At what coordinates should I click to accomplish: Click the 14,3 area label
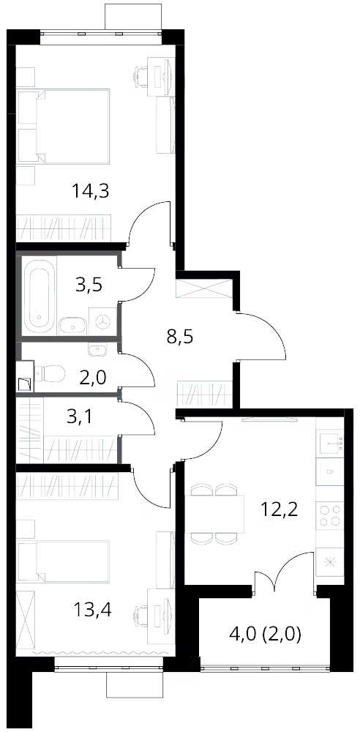(91, 191)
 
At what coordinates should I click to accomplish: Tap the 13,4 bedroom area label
(92, 609)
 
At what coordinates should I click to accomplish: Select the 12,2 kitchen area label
(280, 509)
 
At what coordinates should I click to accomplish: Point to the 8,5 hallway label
(180, 336)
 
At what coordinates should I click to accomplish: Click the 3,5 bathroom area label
(89, 284)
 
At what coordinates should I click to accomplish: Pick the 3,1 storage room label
(80, 417)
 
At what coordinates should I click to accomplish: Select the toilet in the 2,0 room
(49, 373)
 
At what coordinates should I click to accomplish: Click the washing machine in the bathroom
(102, 321)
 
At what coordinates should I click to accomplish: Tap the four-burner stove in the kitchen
(330, 515)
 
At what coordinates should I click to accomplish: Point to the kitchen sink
(330, 441)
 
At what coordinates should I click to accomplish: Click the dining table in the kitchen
(215, 514)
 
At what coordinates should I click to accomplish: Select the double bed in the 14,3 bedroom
(63, 126)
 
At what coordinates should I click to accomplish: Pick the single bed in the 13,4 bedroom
(63, 561)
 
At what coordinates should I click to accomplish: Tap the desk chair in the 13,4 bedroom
(140, 614)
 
